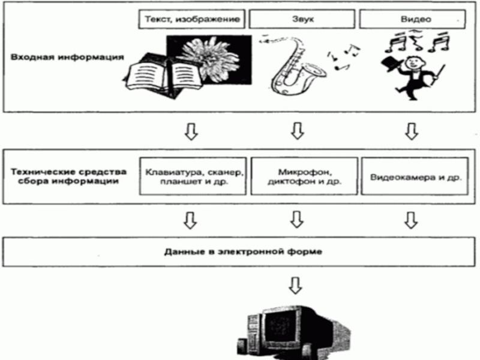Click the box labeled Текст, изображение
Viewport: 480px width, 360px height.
click(x=191, y=19)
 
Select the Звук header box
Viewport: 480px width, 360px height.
click(x=302, y=19)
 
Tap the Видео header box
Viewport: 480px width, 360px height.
click(x=412, y=19)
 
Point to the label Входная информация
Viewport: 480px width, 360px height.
click(x=67, y=57)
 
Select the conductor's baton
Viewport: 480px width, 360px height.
click(x=439, y=75)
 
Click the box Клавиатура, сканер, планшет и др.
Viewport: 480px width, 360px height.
click(x=193, y=176)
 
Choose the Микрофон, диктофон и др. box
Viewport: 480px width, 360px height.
click(x=304, y=176)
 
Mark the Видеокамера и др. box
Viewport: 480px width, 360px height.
click(x=415, y=176)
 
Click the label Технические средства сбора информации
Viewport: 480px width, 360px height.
click(x=68, y=176)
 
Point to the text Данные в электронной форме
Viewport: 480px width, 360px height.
click(x=243, y=252)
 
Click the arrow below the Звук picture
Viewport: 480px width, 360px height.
click(x=297, y=131)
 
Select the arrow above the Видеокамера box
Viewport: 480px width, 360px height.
click(x=412, y=131)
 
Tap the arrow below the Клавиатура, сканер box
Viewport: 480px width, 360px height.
click(x=190, y=220)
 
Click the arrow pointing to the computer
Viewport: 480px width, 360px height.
click(x=295, y=286)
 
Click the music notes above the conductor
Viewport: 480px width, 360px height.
click(x=417, y=41)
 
